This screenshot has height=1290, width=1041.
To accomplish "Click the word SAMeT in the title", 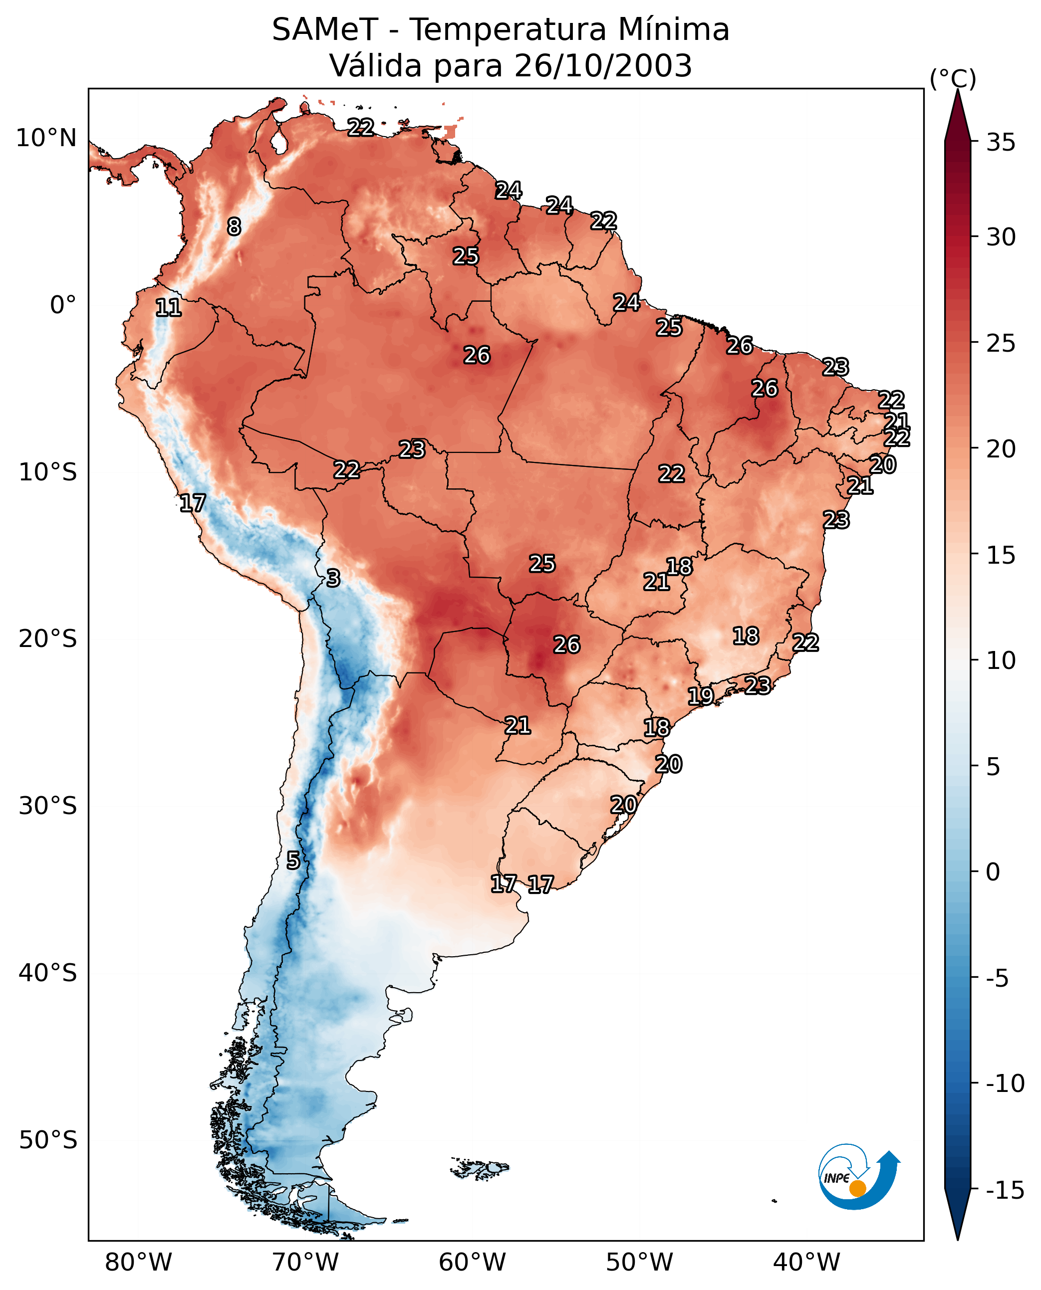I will tap(324, 29).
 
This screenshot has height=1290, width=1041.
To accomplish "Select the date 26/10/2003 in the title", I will tap(603, 65).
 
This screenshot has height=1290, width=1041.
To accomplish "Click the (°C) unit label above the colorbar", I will tap(953, 78).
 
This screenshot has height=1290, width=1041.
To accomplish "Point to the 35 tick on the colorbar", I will tap(1001, 143).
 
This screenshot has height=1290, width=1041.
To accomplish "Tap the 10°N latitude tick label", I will tap(46, 139).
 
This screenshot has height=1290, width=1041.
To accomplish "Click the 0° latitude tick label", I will tap(63, 305).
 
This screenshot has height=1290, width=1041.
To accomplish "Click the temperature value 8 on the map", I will tap(234, 226).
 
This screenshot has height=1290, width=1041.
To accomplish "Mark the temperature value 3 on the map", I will tap(333, 579).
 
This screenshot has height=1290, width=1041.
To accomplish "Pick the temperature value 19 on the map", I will tap(700, 696).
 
